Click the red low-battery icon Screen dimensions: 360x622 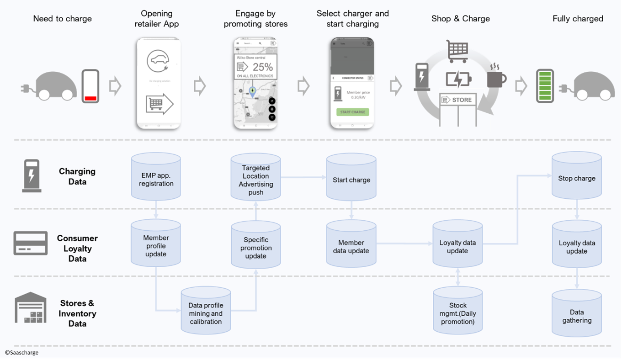click(x=90, y=86)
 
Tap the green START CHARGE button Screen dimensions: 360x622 click(x=352, y=112)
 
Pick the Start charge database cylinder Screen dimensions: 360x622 click(x=351, y=179)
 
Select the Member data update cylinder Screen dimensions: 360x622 click(x=351, y=245)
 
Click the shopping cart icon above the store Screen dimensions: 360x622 click(x=457, y=51)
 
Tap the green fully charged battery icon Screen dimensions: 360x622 click(x=545, y=86)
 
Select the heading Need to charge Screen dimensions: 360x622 click(x=63, y=19)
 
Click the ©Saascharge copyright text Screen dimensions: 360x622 click(x=21, y=353)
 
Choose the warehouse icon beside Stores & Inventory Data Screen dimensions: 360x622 click(x=31, y=308)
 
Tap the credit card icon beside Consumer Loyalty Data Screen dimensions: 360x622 click(x=31, y=243)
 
